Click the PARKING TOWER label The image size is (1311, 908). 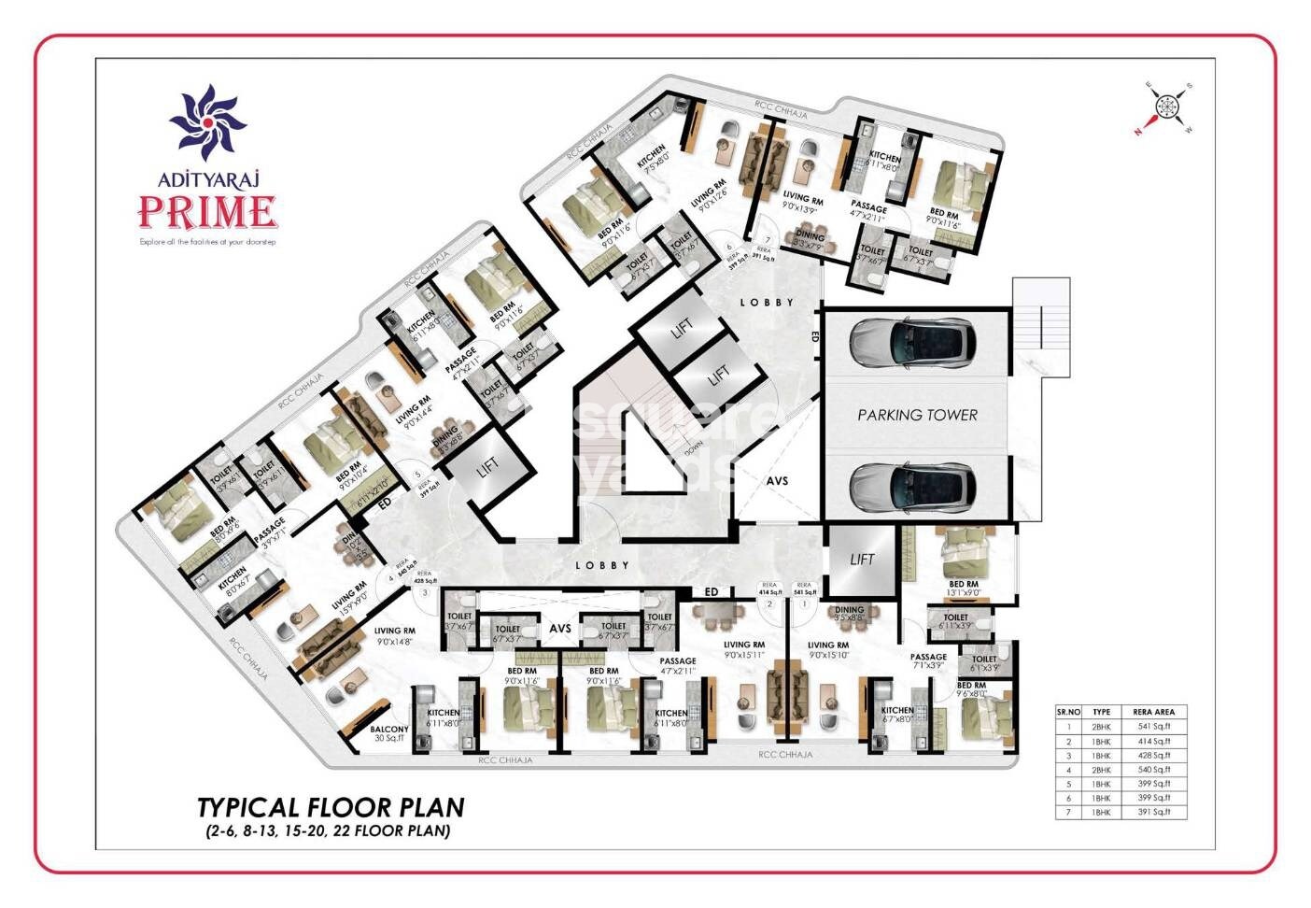tap(917, 415)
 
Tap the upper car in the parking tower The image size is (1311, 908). tap(912, 341)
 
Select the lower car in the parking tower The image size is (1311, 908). tap(912, 486)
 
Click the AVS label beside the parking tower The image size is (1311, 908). tap(777, 481)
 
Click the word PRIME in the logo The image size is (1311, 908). tap(207, 212)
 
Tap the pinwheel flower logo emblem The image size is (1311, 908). tap(207, 121)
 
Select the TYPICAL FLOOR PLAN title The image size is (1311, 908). tap(331, 807)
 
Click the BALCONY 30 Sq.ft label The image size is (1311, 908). tap(389, 733)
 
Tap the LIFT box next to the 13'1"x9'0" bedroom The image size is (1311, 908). tap(862, 560)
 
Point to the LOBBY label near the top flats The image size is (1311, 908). tap(768, 303)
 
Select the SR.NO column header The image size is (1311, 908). tap(1068, 712)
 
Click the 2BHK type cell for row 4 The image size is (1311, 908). tap(1102, 770)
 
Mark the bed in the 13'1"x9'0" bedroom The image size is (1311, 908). tap(962, 556)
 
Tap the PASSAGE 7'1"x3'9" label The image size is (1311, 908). tap(929, 661)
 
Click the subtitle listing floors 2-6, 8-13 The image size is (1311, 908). tap(323, 830)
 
